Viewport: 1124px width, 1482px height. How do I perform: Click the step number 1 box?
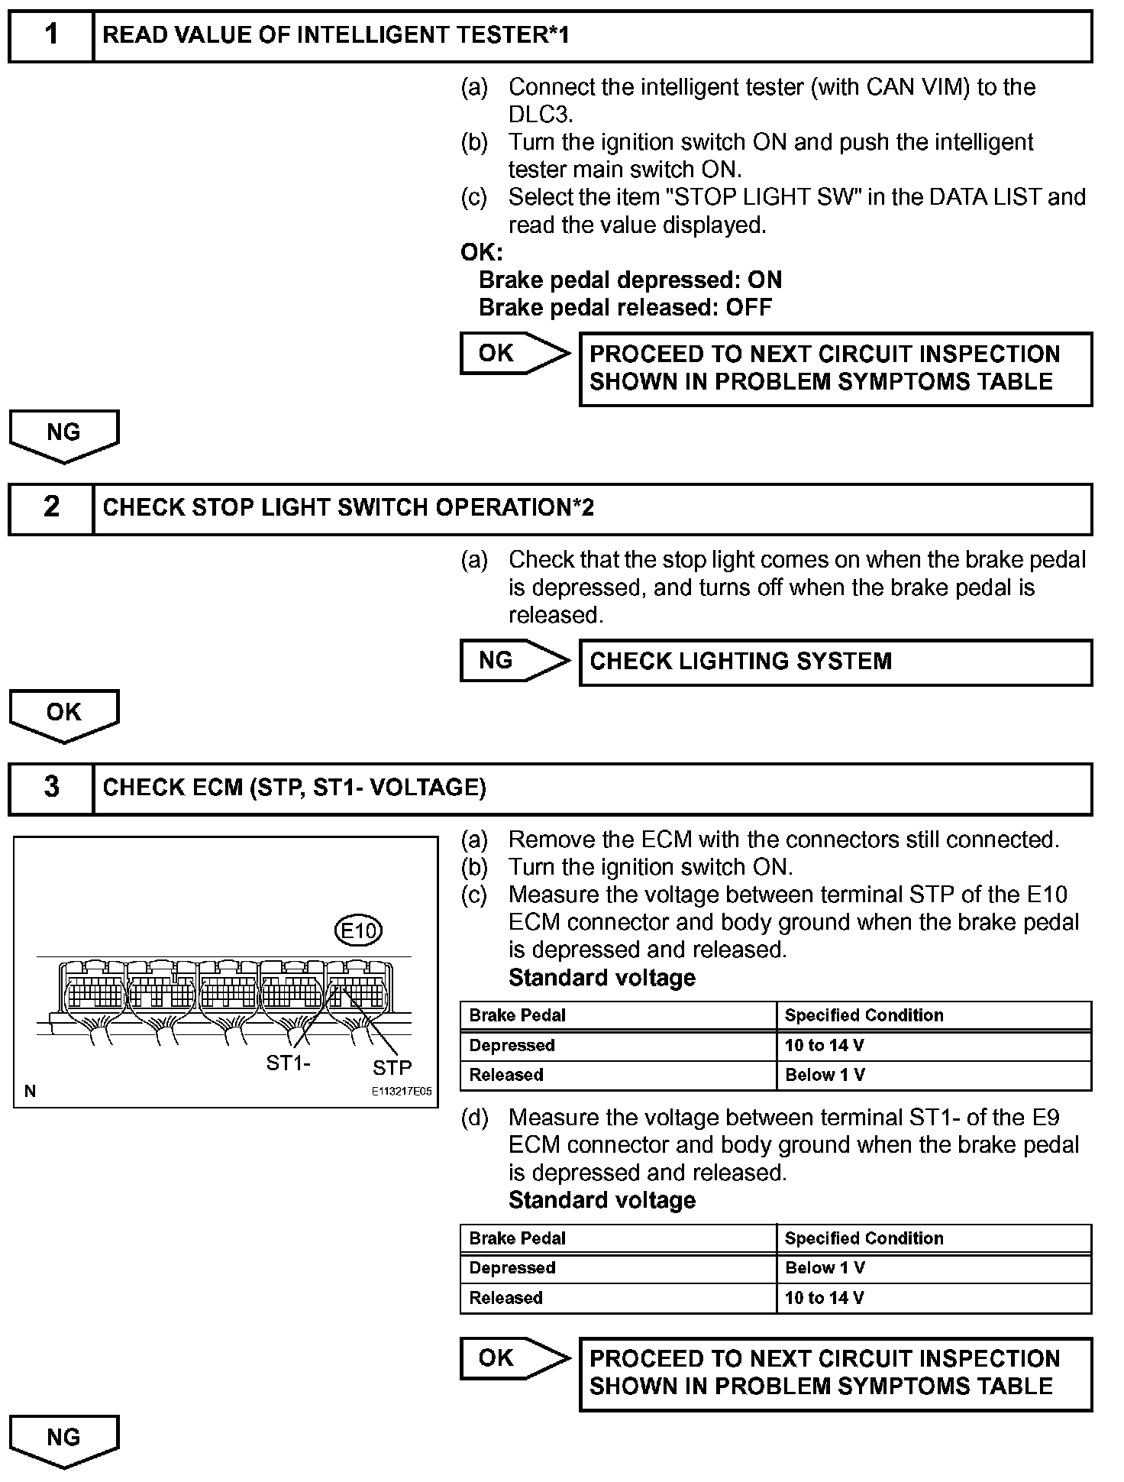pyautogui.click(x=51, y=36)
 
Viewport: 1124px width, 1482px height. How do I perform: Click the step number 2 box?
pyautogui.click(x=51, y=508)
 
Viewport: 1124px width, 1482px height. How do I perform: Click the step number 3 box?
pyautogui.click(x=51, y=788)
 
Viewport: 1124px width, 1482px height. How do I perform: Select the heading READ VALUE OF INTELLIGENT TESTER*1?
pyautogui.click(x=336, y=35)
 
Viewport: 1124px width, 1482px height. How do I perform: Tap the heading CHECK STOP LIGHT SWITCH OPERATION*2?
pyautogui.click(x=348, y=508)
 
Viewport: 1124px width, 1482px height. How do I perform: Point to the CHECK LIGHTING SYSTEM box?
pyautogui.click(x=835, y=662)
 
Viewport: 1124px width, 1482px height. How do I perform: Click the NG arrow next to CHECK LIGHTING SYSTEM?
pyautogui.click(x=513, y=661)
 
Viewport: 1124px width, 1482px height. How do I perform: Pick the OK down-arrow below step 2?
pyautogui.click(x=64, y=714)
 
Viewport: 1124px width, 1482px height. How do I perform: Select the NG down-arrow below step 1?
pyautogui.click(x=64, y=435)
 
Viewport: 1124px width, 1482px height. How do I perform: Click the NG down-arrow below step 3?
pyautogui.click(x=64, y=1440)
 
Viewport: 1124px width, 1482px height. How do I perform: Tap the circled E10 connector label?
pyautogui.click(x=359, y=930)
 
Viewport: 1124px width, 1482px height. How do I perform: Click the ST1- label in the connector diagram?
pyautogui.click(x=288, y=1063)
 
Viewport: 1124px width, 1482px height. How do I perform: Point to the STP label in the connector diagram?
pyautogui.click(x=392, y=1067)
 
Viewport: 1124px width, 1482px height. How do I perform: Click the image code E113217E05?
pyautogui.click(x=401, y=1092)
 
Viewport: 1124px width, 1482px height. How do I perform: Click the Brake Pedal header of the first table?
pyautogui.click(x=518, y=1016)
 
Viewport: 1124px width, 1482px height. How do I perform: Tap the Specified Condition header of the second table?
pyautogui.click(x=864, y=1238)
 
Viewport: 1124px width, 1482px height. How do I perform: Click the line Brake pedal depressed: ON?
pyautogui.click(x=630, y=280)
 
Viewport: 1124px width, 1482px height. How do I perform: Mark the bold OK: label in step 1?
pyautogui.click(x=482, y=253)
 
